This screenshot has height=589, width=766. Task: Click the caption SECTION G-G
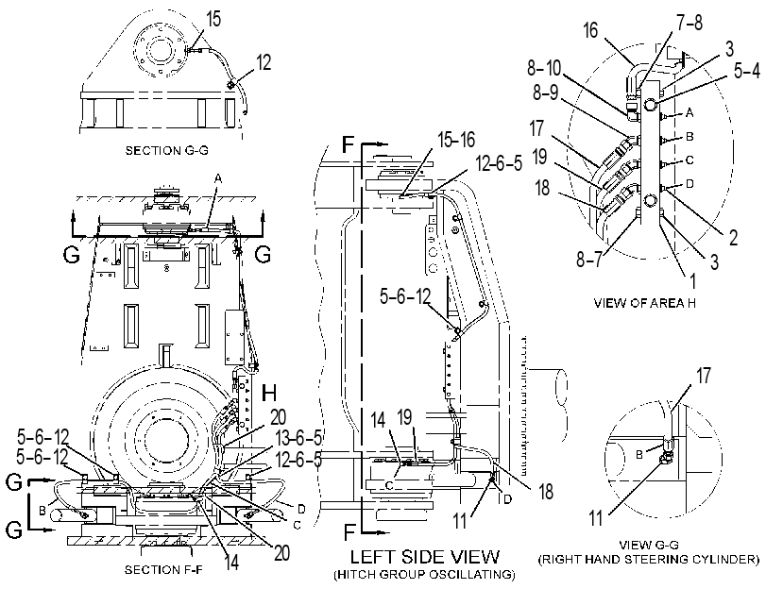coord(166,150)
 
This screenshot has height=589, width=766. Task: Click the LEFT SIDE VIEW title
coord(425,557)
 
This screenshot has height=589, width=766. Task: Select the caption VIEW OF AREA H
coord(645,303)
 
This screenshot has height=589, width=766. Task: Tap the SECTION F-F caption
coord(163,569)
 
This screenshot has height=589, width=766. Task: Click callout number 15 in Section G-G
coord(213,19)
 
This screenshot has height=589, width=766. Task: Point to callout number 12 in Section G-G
coord(263,62)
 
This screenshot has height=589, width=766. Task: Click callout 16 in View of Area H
coord(590,30)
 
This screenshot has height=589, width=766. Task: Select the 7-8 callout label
coord(689,22)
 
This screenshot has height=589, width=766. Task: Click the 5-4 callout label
coord(747,72)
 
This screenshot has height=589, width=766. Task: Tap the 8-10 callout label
coord(544,68)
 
